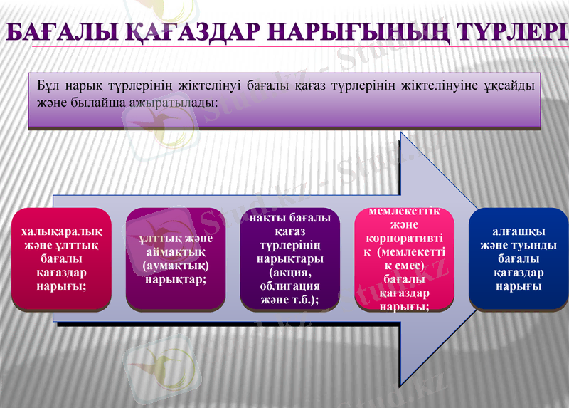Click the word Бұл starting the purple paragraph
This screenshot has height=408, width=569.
coord(48,85)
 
